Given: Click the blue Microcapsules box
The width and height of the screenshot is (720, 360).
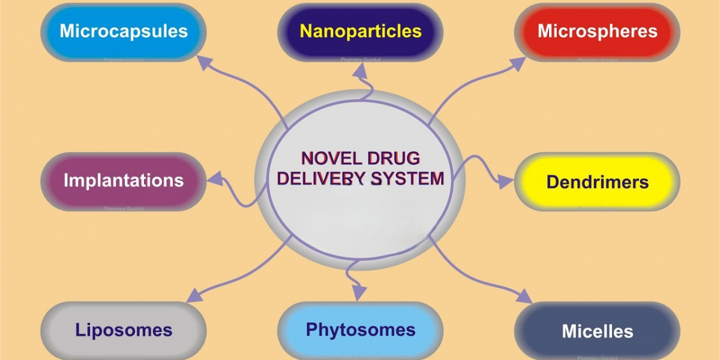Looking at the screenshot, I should pos(123,32).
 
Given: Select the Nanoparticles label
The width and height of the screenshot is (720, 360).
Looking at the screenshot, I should pos(360,32).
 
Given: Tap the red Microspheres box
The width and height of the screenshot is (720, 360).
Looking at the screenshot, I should pos(597,32).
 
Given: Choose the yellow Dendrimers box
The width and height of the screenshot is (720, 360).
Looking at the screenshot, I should pos(597,182).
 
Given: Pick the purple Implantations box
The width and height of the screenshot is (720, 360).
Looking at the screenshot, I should pos(123,181).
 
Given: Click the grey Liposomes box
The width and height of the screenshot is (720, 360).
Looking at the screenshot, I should pos(123,330).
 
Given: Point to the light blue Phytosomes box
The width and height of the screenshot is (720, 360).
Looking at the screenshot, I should pos(360,330).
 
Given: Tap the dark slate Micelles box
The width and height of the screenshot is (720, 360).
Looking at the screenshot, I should pos(597,331).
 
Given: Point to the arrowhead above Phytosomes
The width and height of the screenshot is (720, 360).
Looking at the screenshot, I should pos(359,292).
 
